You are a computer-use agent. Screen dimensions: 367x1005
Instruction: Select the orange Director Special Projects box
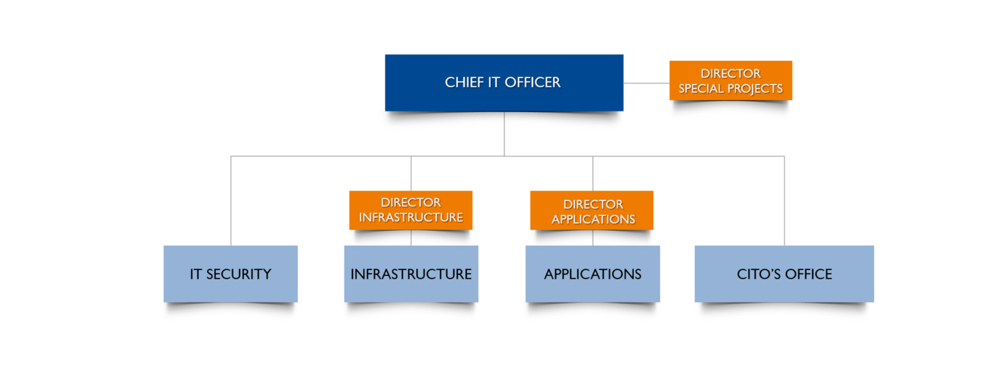[x=730, y=80]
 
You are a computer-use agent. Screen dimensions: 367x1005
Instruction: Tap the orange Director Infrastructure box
[x=410, y=210]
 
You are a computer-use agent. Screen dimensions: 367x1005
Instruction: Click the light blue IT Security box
[x=230, y=273]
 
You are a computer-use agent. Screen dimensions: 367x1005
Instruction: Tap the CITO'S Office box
[x=784, y=273]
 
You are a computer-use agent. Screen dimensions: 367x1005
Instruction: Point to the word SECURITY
[x=239, y=274]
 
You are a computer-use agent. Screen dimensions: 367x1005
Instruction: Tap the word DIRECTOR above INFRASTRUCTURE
[x=410, y=203]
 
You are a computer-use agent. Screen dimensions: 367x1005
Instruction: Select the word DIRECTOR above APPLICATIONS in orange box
[x=593, y=204]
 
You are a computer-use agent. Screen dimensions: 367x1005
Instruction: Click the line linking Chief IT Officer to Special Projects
[x=646, y=83]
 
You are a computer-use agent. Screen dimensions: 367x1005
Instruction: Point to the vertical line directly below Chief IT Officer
[x=504, y=134]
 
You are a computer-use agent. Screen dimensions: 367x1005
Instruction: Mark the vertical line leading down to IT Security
[x=230, y=200]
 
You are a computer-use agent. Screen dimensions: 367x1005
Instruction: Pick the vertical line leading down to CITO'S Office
[x=784, y=200]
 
